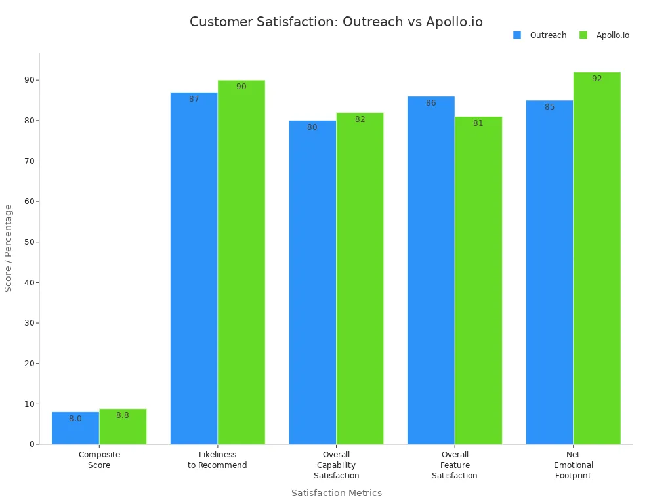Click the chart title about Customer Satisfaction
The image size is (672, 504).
336,22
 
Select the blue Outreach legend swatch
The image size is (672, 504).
517,35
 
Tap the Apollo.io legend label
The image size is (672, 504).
612,35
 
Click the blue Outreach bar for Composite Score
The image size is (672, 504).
75,428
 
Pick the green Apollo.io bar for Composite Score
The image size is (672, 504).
123,427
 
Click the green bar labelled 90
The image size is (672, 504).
241,262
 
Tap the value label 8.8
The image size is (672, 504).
123,415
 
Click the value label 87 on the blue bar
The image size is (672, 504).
194,99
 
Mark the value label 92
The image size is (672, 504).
597,79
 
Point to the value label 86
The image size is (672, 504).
430,103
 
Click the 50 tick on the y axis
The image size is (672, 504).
29,242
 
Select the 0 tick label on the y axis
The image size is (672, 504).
31,444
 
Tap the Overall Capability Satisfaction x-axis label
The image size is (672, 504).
336,465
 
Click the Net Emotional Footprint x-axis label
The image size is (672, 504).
573,465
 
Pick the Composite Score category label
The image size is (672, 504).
99,459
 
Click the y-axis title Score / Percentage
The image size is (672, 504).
9,248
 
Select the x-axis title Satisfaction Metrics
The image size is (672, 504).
336,493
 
